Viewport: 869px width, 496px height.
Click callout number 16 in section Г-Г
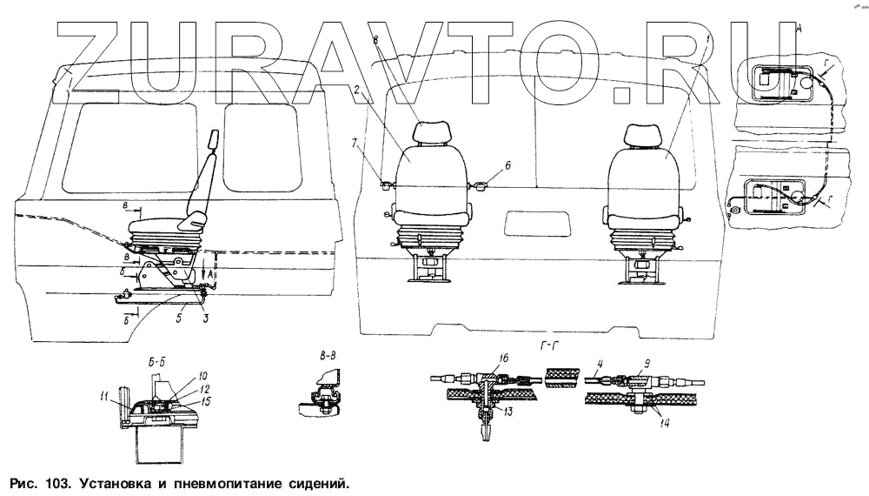(503, 359)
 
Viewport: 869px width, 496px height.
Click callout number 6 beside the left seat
(507, 164)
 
